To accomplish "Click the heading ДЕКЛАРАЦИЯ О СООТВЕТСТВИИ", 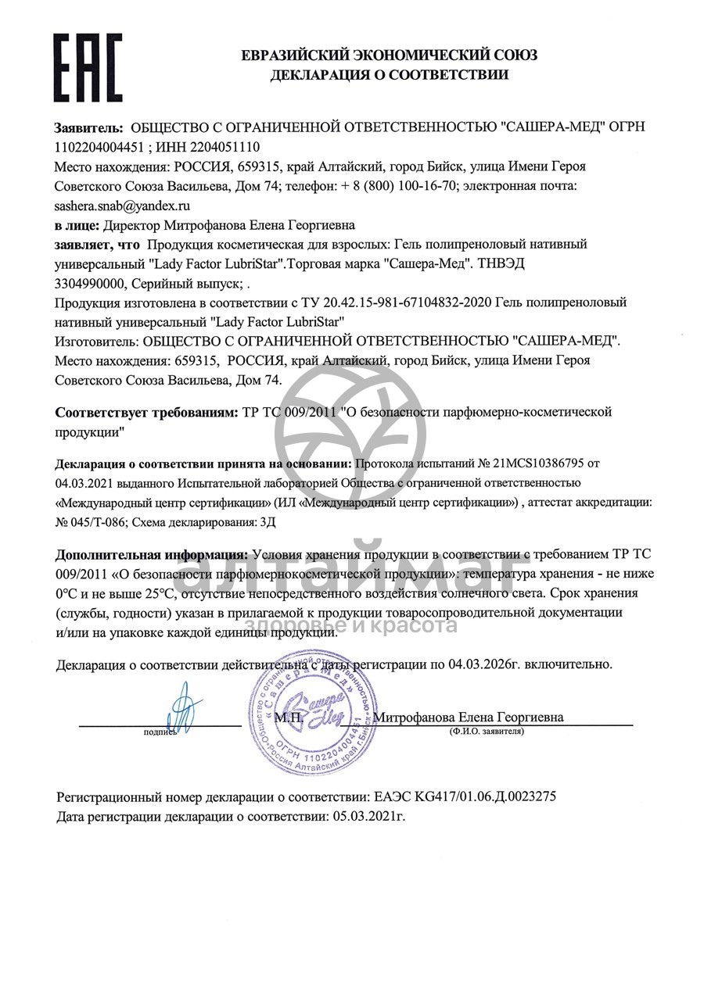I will pos(389,75).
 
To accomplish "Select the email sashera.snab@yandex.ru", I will pos(122,206).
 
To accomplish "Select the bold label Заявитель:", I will pos(88,127).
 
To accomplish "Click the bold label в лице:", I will pos(76,225).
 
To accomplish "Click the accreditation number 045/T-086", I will pos(95,521).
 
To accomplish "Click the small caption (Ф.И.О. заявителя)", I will pos(486,732).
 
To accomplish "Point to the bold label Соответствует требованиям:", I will pos(144,412).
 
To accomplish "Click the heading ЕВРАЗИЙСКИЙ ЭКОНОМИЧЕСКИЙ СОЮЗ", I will pos(389,55).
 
